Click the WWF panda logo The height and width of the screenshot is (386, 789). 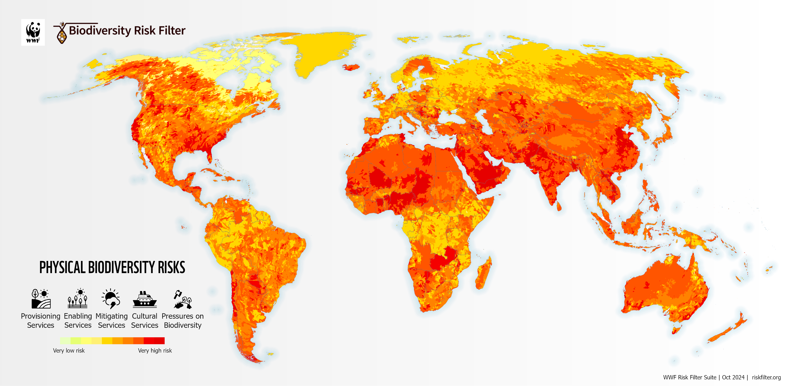[x=33, y=32]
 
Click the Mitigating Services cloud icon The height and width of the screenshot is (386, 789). [x=111, y=299]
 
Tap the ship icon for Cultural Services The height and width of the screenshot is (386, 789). [x=145, y=299]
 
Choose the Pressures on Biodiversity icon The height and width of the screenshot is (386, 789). [x=183, y=299]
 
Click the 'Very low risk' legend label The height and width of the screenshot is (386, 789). [x=69, y=350]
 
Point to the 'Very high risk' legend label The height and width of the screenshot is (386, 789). [x=155, y=350]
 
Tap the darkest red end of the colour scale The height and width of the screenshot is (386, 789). [x=160, y=340]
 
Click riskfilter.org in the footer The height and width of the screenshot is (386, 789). [x=766, y=377]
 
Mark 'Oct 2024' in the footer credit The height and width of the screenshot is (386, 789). [x=733, y=377]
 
